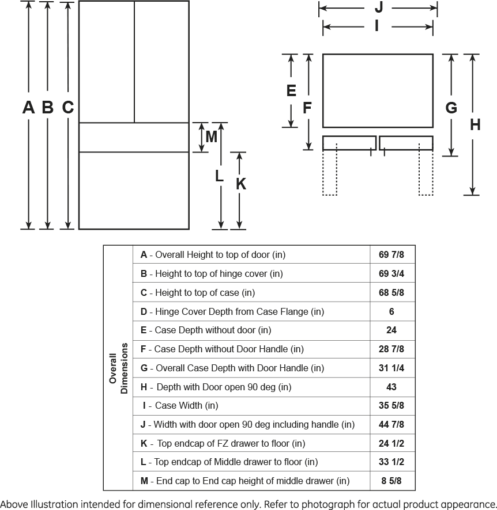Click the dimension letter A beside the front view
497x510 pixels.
tap(28, 107)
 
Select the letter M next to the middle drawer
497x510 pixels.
tap(211, 137)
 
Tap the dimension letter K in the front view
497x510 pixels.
tap(241, 184)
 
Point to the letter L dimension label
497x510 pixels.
tap(219, 177)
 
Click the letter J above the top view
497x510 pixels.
tap(379, 7)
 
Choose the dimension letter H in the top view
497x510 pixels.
tap(475, 125)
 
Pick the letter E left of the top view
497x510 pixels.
tap(291, 90)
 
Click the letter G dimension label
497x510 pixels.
tap(451, 108)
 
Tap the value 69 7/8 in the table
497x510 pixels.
tap(391, 254)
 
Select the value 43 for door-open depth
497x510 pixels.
tap(391, 387)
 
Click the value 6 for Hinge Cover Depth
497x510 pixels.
tap(391, 311)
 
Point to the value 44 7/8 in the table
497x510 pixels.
tap(391, 425)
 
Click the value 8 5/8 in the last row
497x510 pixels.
tap(391, 481)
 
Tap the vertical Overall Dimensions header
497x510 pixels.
tap(119, 368)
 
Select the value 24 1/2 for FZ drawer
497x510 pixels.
tap(391, 443)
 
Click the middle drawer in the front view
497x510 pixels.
tap(133, 138)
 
